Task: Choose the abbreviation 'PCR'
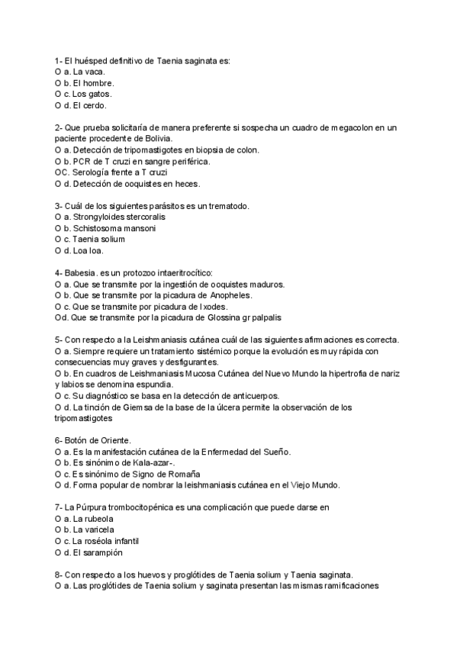(84, 161)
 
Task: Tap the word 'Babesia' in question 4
(80, 272)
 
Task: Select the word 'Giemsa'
(130, 407)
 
